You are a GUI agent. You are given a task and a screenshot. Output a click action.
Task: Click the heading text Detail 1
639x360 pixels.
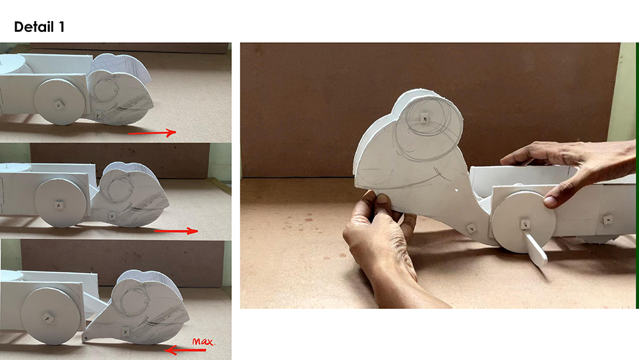click(39, 27)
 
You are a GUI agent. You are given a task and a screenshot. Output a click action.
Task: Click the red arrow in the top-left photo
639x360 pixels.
click(152, 132)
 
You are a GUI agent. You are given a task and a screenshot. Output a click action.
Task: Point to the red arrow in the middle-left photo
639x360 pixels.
click(176, 231)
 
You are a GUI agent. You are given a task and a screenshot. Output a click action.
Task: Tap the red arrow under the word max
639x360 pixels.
click(185, 350)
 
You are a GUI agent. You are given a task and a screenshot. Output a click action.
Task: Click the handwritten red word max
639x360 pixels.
click(203, 341)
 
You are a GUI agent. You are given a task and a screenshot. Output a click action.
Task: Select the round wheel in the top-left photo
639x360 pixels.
click(59, 102)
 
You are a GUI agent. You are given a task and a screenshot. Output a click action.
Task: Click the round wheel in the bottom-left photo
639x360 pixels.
click(49, 316)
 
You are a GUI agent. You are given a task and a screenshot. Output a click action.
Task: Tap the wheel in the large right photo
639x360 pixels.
click(523, 222)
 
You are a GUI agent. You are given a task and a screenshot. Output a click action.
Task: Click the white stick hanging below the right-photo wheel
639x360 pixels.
click(535, 249)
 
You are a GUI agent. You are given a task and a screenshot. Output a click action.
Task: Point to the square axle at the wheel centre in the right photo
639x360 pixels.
click(525, 224)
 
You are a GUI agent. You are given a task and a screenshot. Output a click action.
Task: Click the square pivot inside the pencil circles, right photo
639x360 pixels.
click(425, 118)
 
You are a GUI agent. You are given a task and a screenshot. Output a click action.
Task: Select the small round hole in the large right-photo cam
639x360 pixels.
click(456, 191)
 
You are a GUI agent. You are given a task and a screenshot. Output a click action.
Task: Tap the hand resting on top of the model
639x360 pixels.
click(571, 169)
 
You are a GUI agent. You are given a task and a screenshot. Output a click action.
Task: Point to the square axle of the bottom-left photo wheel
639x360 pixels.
click(49, 318)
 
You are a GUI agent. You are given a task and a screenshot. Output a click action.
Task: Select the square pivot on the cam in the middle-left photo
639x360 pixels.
click(112, 216)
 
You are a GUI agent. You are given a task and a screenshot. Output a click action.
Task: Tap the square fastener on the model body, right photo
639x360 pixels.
click(608, 220)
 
